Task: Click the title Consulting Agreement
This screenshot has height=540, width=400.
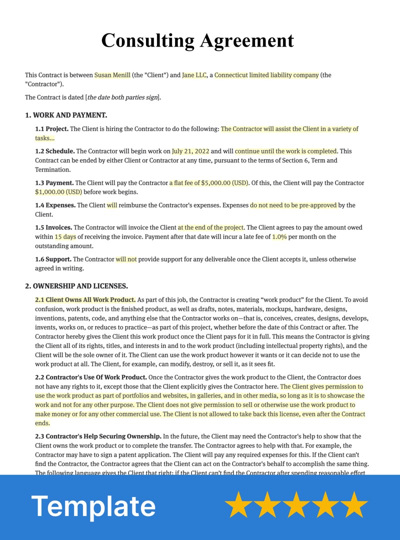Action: tap(197, 40)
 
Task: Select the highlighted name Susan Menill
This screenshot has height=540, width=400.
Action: tap(112, 75)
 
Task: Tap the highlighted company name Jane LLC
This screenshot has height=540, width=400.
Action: tap(194, 75)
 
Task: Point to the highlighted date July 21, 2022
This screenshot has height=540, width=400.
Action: tap(190, 151)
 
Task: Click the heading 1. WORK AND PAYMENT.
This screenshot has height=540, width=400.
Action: tap(66, 115)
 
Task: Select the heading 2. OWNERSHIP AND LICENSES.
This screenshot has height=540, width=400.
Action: tap(76, 286)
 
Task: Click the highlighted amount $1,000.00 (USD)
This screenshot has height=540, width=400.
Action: tap(58, 192)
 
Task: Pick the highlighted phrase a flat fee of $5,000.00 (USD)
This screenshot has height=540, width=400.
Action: tap(208, 183)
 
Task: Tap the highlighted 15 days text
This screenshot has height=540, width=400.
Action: tap(65, 236)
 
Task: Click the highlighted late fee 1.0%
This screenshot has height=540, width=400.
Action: tap(279, 236)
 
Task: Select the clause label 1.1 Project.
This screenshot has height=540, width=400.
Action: tap(51, 129)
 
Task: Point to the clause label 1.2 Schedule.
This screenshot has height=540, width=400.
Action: tap(54, 151)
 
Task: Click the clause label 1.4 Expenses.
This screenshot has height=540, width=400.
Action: tap(55, 205)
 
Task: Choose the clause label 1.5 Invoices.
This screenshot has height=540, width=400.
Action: tap(53, 227)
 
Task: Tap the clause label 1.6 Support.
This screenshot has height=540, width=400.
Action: tap(53, 259)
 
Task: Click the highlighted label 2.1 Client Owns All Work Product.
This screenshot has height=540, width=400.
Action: tap(85, 300)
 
